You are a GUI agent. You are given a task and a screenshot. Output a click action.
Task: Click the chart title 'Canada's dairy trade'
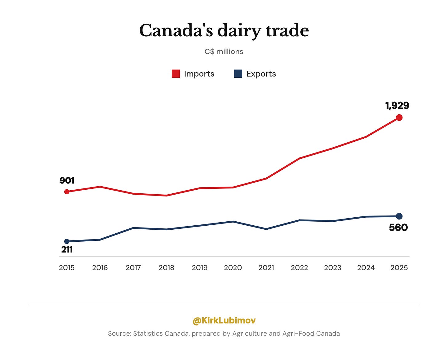click(x=224, y=30)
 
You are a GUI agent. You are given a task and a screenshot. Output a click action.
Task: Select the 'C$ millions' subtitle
click(x=224, y=52)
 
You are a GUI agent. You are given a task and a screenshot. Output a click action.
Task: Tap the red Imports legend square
click(x=176, y=74)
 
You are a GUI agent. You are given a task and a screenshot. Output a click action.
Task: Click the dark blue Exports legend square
click(x=238, y=74)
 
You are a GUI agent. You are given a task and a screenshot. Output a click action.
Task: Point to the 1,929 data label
click(x=397, y=106)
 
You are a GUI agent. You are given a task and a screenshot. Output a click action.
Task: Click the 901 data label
click(x=67, y=180)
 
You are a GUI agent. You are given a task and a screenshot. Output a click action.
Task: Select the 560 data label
click(x=398, y=227)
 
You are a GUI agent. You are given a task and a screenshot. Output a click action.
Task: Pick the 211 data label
click(x=67, y=250)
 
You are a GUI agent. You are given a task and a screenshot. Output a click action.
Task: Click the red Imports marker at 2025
click(x=399, y=118)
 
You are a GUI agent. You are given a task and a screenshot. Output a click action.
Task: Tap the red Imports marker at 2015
click(x=67, y=192)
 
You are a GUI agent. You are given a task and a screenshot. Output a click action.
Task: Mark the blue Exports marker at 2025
click(x=399, y=216)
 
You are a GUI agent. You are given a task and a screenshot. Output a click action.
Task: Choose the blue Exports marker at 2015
click(x=67, y=241)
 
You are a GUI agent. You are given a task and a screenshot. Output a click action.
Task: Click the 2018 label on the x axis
click(x=166, y=268)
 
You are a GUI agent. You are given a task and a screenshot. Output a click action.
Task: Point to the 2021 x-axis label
click(x=266, y=268)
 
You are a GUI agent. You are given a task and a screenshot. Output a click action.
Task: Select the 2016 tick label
click(x=100, y=268)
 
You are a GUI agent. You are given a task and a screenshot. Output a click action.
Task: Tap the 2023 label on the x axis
click(x=333, y=268)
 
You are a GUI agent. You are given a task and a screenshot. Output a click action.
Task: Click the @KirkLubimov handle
click(x=224, y=320)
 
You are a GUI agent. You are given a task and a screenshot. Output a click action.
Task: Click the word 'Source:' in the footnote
click(x=120, y=334)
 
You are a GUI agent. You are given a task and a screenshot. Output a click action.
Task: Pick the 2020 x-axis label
click(x=233, y=268)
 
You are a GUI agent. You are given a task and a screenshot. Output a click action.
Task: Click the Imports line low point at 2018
click(x=166, y=196)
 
